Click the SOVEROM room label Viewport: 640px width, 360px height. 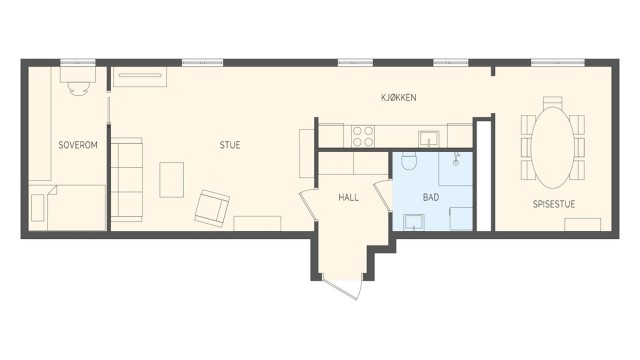click(x=78, y=145)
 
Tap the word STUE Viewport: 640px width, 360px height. click(x=230, y=145)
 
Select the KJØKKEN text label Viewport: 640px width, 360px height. click(x=398, y=97)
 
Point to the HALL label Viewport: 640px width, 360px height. click(x=348, y=197)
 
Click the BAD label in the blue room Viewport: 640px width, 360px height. click(x=431, y=197)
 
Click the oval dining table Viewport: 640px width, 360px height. click(x=552, y=148)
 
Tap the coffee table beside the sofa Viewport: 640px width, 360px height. click(x=172, y=179)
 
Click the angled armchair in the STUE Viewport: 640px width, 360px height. click(x=211, y=207)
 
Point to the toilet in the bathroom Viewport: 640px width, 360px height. click(x=408, y=162)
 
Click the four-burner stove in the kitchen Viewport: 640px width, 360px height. click(x=362, y=135)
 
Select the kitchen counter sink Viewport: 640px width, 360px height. click(x=431, y=137)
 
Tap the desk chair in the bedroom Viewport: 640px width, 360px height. click(x=78, y=86)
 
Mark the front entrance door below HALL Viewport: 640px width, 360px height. click(x=340, y=285)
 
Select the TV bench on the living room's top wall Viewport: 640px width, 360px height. click(x=139, y=77)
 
